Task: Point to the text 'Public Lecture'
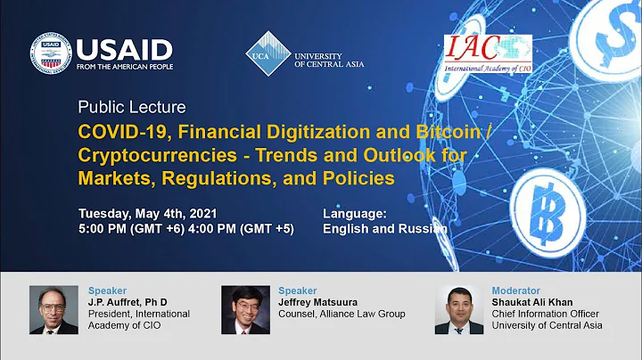point(132,108)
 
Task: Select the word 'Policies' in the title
point(353,177)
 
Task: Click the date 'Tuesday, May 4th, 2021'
point(147,214)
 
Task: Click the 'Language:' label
point(354,214)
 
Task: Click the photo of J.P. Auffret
point(53,309)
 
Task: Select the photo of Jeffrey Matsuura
point(244,310)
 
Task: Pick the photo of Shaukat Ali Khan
point(458,309)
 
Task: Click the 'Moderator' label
point(515,290)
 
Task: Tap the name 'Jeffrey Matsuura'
point(319,302)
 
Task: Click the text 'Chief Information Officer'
point(547,314)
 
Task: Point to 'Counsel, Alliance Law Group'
point(342,314)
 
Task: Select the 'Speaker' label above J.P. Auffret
point(107,290)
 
